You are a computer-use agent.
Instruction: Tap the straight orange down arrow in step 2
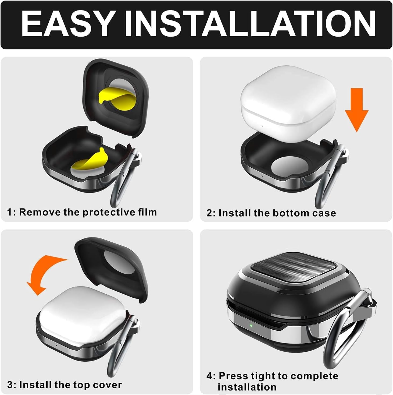point(356,110)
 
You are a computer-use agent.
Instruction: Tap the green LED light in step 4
point(250,325)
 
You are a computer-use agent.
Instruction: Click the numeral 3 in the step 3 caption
point(10,385)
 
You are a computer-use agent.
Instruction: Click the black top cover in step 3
point(112,271)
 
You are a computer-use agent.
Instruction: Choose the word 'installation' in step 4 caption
point(247,387)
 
